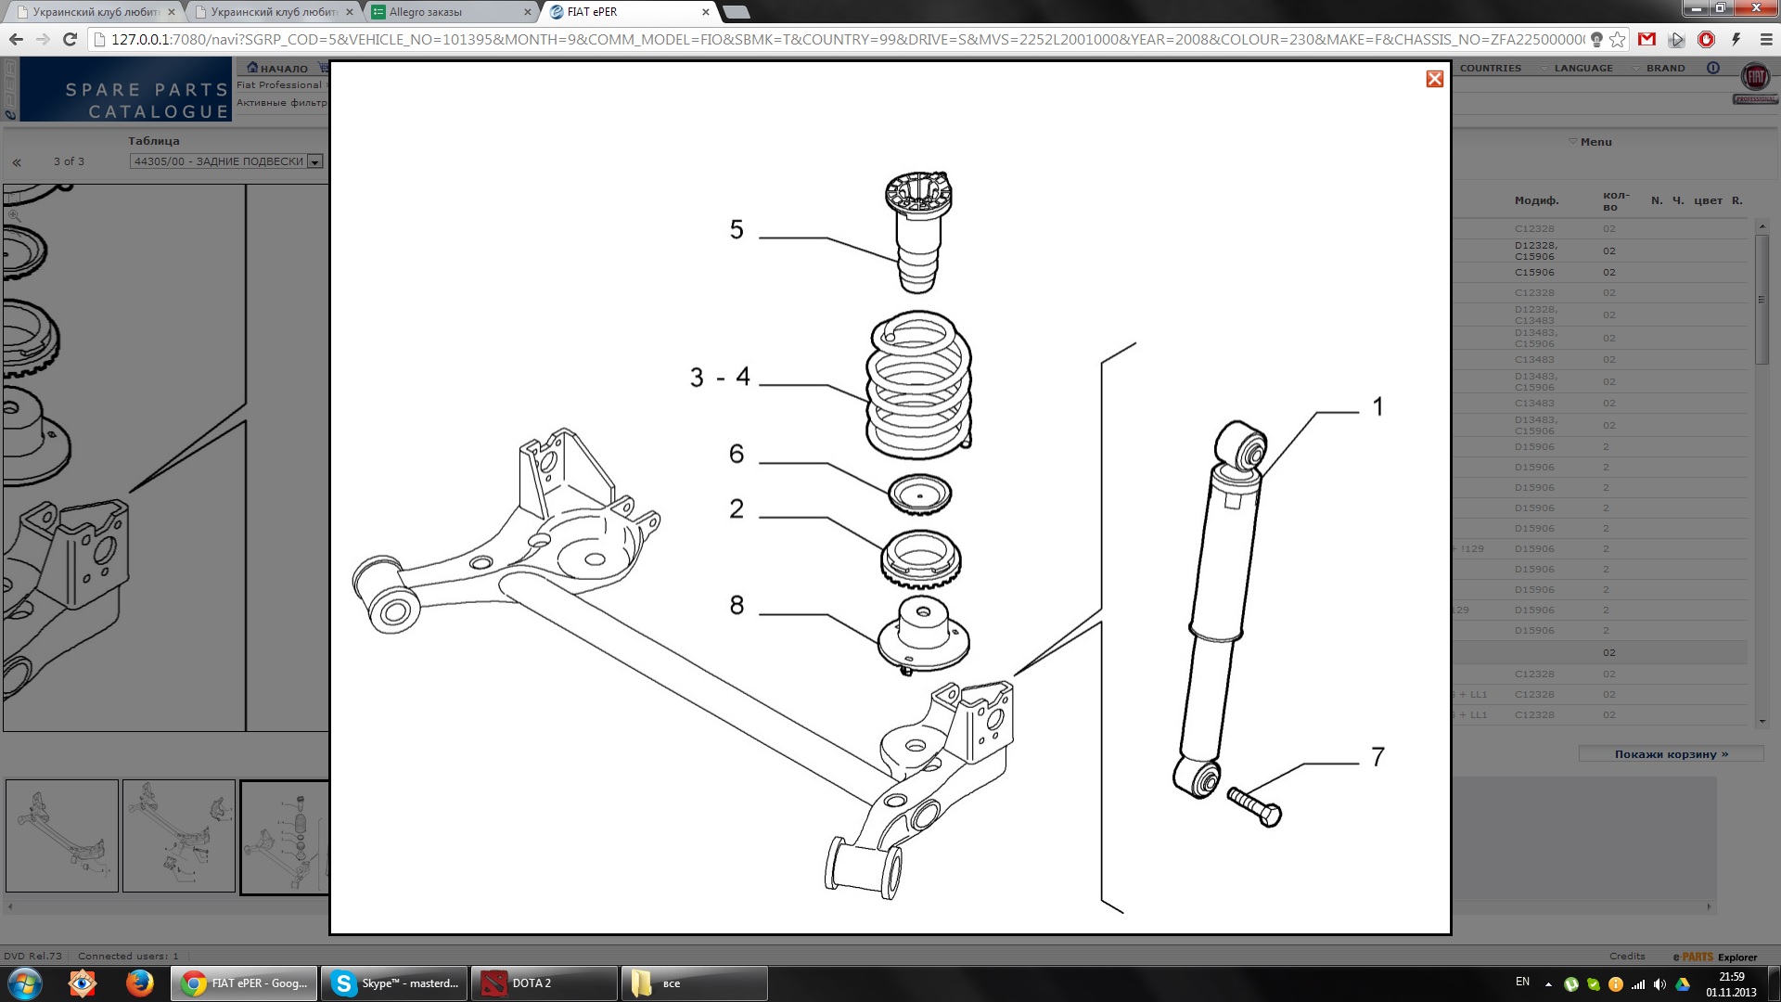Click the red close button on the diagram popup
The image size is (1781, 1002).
[x=1434, y=79]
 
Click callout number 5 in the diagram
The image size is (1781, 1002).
[x=737, y=229]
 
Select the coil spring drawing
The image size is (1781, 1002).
[x=918, y=384]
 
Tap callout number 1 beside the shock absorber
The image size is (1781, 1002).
[x=1377, y=406]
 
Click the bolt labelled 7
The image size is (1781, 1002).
[x=1255, y=806]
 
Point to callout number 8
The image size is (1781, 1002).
[x=737, y=605]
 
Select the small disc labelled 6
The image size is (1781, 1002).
[x=919, y=495]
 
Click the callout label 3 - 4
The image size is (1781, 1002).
[x=720, y=377]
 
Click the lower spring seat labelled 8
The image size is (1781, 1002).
[x=923, y=636]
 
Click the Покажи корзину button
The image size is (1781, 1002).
[x=1671, y=754]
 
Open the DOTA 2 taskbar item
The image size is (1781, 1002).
[x=544, y=983]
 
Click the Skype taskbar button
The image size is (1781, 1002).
[x=394, y=983]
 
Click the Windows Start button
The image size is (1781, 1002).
[x=24, y=983]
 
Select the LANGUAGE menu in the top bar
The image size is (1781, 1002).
[x=1582, y=68]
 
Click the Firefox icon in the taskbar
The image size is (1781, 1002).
[x=140, y=983]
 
